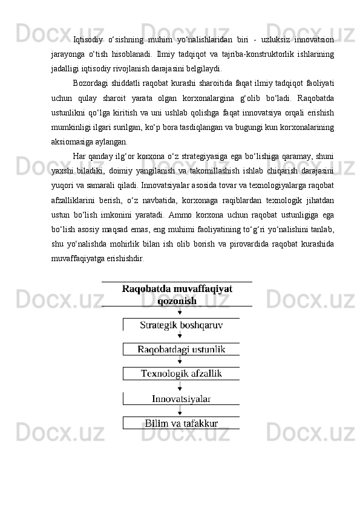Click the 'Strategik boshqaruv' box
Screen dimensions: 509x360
tap(181, 325)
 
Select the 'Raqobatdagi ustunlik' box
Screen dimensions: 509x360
tap(181, 349)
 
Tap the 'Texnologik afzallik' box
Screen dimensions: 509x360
tap(181, 374)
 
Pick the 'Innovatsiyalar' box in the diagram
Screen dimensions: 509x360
tap(181, 398)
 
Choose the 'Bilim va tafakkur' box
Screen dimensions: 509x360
tap(181, 423)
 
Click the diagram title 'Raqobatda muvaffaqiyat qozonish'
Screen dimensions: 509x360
tap(177, 294)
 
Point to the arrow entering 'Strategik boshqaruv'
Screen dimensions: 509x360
tap(180, 313)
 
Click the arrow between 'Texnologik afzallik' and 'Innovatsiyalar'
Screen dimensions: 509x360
tap(180, 386)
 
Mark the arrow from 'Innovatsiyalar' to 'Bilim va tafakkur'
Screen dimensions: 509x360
tap(180, 410)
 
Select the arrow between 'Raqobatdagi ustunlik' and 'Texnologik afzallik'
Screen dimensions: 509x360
tap(180, 361)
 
